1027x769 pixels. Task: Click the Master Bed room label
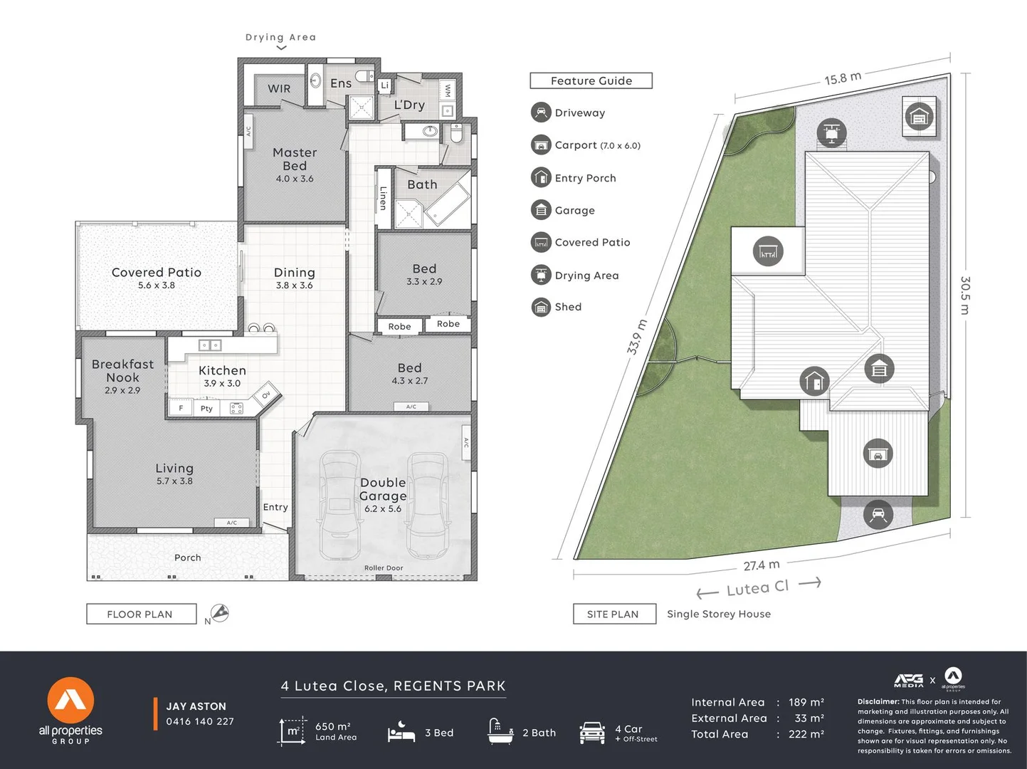pos(295,159)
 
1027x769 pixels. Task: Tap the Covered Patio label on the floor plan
pos(157,273)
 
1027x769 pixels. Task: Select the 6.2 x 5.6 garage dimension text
pos(383,509)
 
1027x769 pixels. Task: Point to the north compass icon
pos(219,613)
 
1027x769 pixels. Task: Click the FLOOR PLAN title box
pos(141,614)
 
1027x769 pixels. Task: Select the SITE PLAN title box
pos(613,614)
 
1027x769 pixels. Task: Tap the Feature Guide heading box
pos(591,81)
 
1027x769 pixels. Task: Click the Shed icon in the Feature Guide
pos(541,307)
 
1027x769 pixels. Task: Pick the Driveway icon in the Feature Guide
pos(541,113)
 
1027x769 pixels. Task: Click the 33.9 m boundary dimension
pos(637,337)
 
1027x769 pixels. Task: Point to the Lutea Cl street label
pos(757,588)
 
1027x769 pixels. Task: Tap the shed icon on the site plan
pos(919,116)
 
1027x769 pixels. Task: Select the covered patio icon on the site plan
pos(768,251)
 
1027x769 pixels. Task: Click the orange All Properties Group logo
pos(70,701)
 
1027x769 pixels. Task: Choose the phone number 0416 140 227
pos(200,721)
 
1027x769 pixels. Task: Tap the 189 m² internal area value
pos(806,703)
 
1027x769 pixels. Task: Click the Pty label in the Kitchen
pos(206,409)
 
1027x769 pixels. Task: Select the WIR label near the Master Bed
pos(279,89)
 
